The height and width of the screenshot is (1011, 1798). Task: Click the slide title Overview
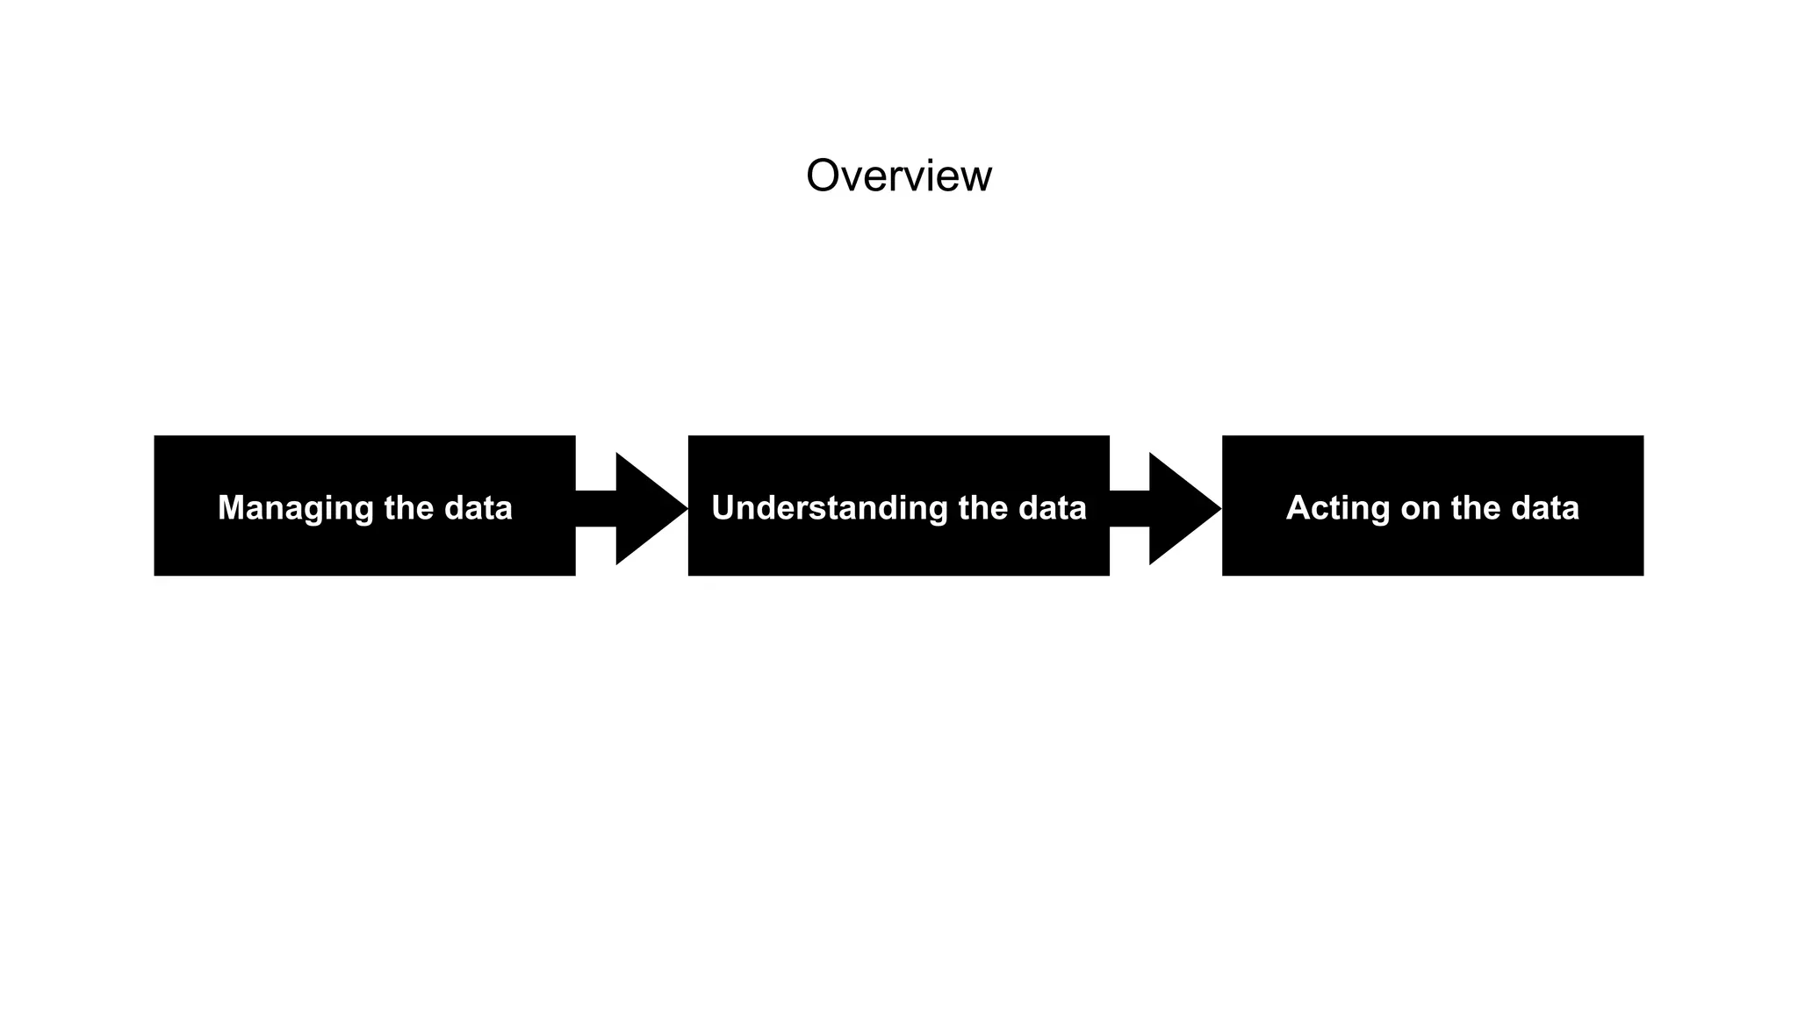click(x=898, y=176)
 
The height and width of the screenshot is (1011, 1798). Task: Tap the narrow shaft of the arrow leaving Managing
click(x=595, y=508)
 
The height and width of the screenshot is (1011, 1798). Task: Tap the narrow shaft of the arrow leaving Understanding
click(x=1129, y=508)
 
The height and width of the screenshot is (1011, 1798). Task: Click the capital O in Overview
click(x=824, y=176)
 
